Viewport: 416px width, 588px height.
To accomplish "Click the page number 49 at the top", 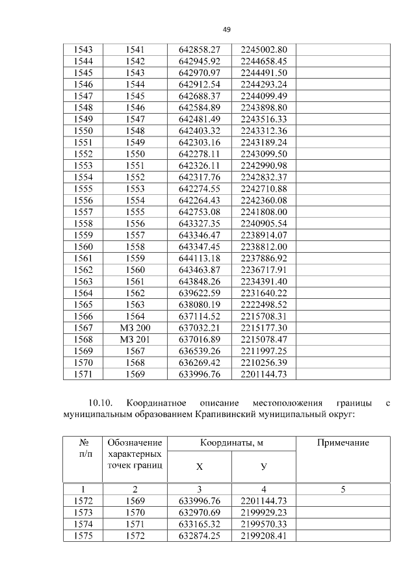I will click(226, 29).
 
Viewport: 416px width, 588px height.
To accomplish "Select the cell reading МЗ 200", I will click(135, 328).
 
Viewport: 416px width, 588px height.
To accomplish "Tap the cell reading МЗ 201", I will click(135, 339).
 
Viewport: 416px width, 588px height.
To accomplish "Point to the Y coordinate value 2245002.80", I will click(263, 49).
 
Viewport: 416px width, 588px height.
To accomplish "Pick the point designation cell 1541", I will click(135, 49).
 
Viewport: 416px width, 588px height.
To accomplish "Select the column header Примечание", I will click(343, 443).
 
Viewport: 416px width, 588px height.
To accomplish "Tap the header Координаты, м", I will click(231, 443).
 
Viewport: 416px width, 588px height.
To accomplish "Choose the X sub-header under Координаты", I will click(200, 467).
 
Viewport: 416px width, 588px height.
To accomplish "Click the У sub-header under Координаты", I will click(263, 467).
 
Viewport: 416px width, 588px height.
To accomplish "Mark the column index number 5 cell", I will click(343, 489).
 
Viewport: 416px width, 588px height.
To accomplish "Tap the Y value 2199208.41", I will click(263, 535).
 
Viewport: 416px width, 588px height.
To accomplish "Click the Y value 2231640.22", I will click(263, 293).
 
